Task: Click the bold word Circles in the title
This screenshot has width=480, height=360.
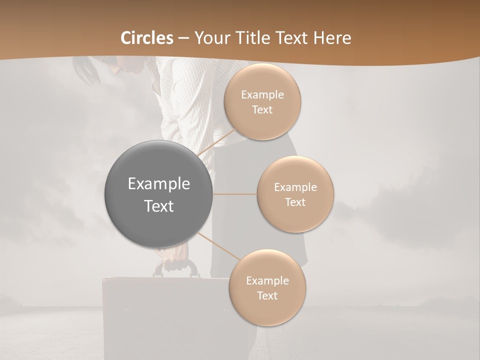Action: coord(147,38)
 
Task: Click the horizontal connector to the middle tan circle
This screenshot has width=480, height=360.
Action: coord(234,194)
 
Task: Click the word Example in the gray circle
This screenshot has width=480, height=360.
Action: coord(158,184)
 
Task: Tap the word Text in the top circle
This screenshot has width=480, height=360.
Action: coord(262,110)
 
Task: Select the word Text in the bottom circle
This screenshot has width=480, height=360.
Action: coord(267,296)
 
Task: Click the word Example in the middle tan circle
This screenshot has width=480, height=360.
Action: coord(295,187)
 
